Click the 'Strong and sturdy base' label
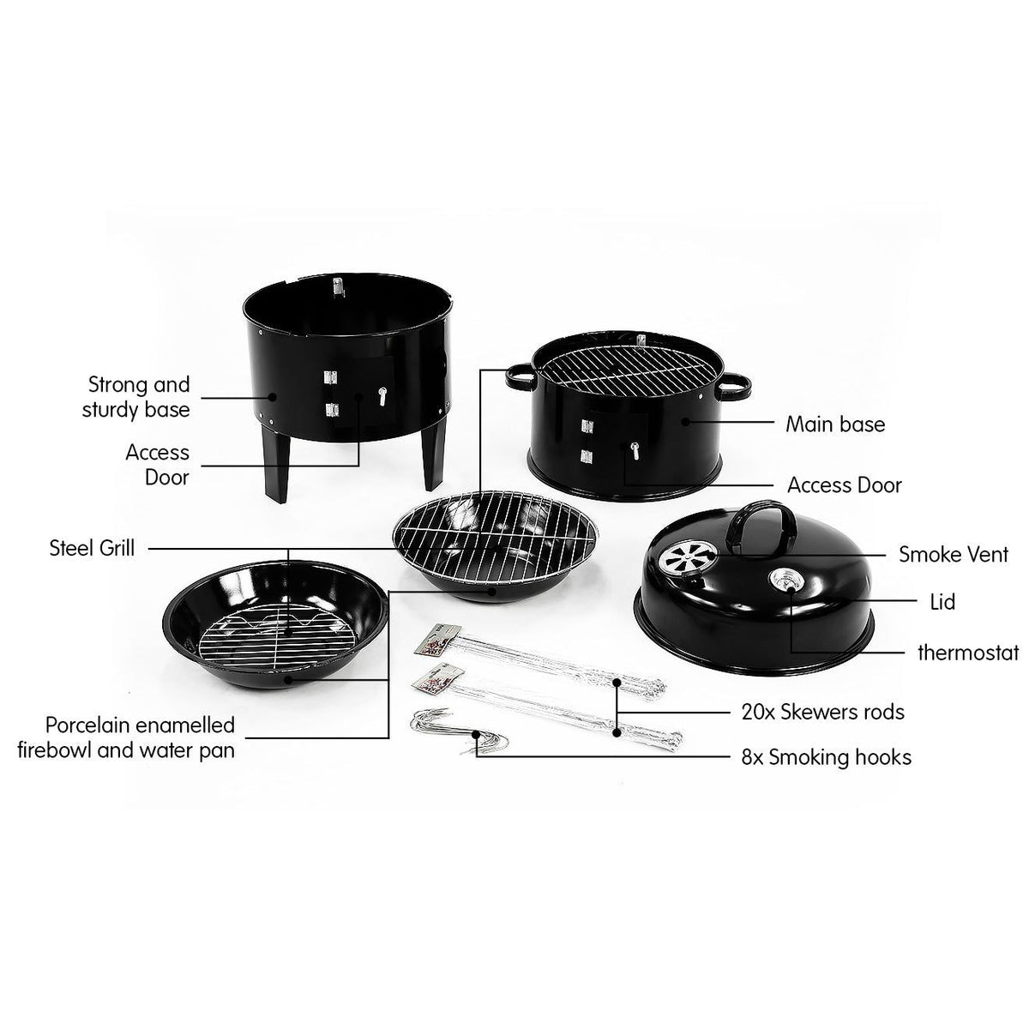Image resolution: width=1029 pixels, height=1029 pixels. pyautogui.click(x=136, y=396)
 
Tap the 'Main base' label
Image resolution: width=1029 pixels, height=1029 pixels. pyautogui.click(x=835, y=424)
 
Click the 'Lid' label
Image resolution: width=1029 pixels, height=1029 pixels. pyautogui.click(x=942, y=602)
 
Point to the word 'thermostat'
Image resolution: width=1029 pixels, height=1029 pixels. pyautogui.click(x=968, y=653)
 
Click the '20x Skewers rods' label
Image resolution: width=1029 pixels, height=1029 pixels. pyautogui.click(x=822, y=711)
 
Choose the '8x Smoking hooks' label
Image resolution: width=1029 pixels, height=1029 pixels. pyautogui.click(x=826, y=756)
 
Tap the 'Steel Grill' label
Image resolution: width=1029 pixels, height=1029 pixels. pyautogui.click(x=92, y=547)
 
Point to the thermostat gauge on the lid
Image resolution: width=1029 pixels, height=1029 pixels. pyautogui.click(x=785, y=581)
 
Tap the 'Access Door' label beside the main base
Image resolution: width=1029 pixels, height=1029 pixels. pyautogui.click(x=844, y=485)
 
